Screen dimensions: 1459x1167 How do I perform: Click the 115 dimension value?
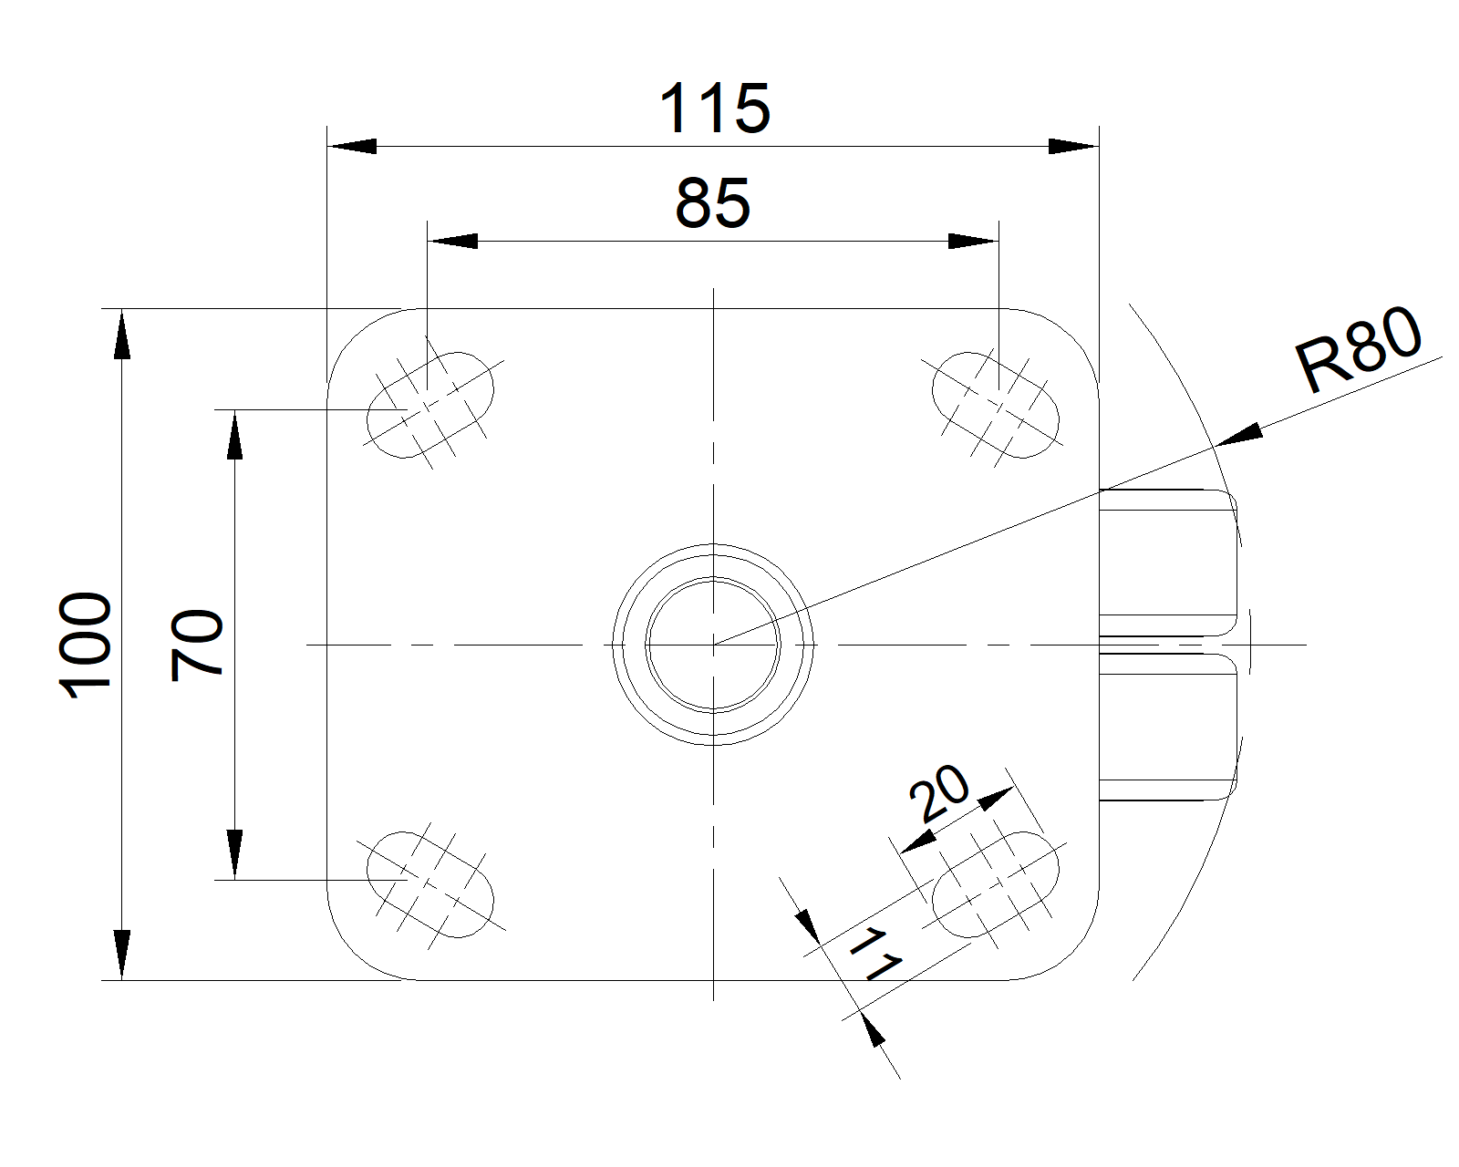715,108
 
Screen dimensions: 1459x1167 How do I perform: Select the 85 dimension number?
712,202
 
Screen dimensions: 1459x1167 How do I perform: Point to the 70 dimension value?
196,645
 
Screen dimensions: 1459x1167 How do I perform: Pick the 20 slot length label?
939,792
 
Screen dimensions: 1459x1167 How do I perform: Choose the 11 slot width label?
875,955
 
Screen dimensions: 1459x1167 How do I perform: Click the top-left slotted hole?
430,406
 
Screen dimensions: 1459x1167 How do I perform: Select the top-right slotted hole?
995,406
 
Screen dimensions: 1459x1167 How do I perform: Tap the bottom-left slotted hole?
430,884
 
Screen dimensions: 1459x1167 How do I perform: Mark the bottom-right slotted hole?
995,884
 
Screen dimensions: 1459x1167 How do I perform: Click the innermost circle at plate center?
713,645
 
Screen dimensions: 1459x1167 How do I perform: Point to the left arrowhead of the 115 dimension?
352,146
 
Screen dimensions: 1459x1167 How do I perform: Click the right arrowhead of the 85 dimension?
974,241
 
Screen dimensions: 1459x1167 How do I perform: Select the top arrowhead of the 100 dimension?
122,334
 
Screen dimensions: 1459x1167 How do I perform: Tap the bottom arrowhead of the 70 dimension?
234,854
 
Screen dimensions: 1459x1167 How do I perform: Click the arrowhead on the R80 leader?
1240,435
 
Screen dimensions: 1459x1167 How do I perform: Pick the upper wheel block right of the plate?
1168,563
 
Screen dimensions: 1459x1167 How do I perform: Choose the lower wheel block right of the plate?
1168,727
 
